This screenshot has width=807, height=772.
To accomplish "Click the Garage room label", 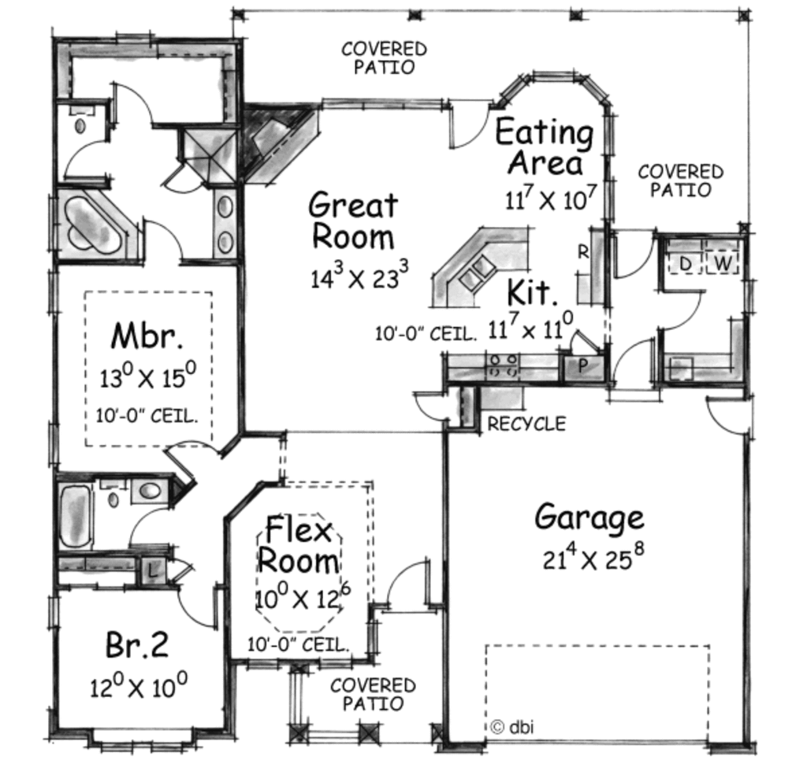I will [589, 518].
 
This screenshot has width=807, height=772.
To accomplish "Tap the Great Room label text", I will [352, 221].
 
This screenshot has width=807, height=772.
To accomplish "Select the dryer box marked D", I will [686, 263].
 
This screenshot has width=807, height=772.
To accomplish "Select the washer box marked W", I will [723, 263].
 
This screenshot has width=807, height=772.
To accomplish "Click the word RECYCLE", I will [526, 424].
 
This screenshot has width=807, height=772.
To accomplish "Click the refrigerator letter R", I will [584, 252].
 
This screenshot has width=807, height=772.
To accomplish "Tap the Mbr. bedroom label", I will [147, 336].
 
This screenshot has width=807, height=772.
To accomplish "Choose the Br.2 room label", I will [136, 646].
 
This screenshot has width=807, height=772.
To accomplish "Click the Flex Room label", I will [299, 545].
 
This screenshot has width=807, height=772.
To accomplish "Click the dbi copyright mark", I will [511, 726].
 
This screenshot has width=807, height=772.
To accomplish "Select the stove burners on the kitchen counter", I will [505, 364].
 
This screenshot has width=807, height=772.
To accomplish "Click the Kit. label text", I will [533, 293].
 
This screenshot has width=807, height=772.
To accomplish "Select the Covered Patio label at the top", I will [384, 58].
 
